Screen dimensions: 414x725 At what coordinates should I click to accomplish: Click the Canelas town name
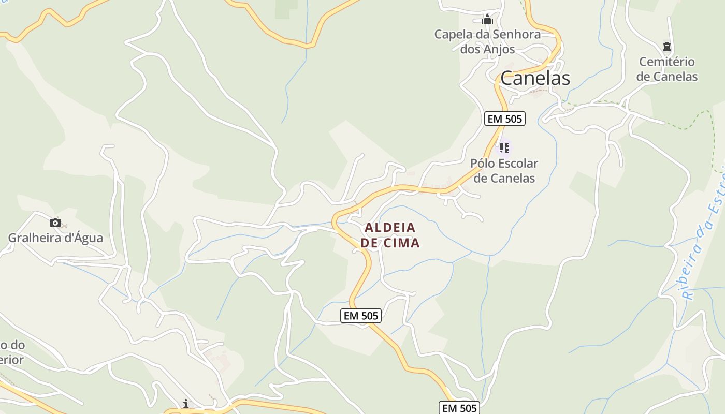(x=535, y=78)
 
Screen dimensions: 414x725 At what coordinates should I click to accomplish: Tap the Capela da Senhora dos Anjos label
(x=487, y=41)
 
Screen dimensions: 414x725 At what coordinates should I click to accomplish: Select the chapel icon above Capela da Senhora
(x=487, y=20)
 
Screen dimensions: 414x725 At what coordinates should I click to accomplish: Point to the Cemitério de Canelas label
(x=667, y=69)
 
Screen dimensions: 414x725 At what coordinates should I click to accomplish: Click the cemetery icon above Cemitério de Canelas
(x=667, y=47)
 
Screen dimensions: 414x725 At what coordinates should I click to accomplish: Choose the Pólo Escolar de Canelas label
(x=504, y=170)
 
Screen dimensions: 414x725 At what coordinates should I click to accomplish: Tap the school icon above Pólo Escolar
(x=504, y=148)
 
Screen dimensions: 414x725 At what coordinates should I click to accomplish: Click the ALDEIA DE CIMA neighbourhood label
(x=390, y=235)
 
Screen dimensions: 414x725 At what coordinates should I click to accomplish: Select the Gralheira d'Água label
(x=55, y=238)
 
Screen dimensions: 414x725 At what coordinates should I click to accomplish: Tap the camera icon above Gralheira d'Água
(x=55, y=223)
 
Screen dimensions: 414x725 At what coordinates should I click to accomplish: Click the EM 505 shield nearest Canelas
(x=505, y=119)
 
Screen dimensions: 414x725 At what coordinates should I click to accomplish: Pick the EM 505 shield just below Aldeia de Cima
(x=361, y=316)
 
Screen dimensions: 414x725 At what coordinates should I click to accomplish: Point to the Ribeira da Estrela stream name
(x=704, y=238)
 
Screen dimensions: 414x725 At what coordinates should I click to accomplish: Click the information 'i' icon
(x=186, y=404)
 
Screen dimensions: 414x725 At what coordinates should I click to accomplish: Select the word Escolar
(x=516, y=163)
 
